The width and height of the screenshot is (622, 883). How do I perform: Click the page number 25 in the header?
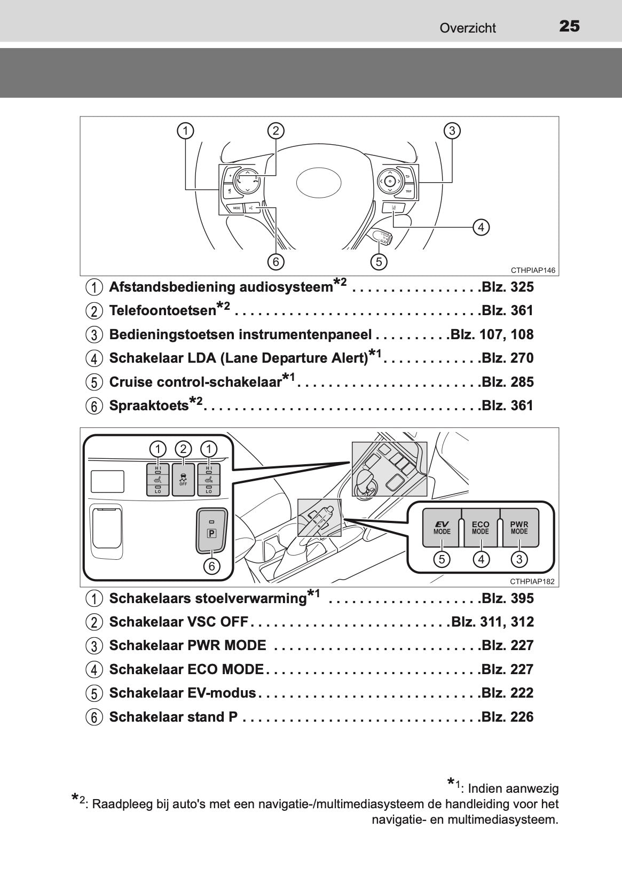569,26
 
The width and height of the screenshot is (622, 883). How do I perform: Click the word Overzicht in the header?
468,28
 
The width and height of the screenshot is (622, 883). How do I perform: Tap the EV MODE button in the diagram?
442,528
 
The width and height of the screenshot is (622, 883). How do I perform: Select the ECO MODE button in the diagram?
480,528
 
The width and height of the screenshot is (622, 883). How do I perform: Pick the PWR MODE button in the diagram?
519,528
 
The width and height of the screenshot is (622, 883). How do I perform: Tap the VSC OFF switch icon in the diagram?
183,480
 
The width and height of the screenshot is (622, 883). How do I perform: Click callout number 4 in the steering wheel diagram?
481,228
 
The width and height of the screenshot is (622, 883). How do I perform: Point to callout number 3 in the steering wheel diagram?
452,130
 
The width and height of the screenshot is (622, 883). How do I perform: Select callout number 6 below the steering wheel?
275,262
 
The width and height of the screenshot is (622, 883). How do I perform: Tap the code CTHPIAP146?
533,270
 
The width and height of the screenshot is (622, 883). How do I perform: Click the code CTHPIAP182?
533,582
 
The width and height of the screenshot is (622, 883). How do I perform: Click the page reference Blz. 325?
507,287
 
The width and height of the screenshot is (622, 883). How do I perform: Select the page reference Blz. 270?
507,358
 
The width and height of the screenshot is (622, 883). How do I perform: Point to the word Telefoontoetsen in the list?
162,311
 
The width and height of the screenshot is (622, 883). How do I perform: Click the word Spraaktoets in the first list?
148,406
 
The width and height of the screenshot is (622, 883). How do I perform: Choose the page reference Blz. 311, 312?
492,622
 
